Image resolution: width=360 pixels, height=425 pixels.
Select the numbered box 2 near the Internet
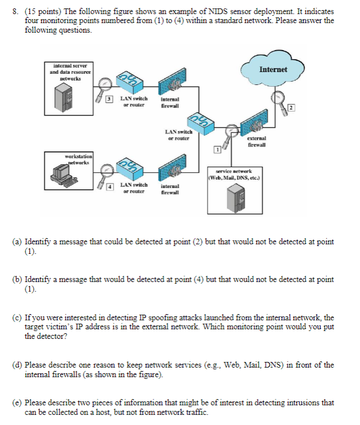coord(291,108)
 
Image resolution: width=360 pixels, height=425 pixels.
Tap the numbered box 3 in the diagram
coord(111,99)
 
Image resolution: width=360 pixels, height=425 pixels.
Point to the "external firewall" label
coord(256,141)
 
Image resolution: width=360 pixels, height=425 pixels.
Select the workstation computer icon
coord(63,172)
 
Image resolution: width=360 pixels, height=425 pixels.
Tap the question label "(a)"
coord(19,241)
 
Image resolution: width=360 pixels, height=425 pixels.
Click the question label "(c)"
coord(19,318)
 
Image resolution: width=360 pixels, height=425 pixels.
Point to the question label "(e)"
coord(19,402)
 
